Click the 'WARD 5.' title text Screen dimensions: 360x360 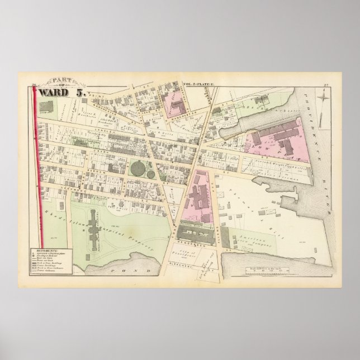point(60,93)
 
